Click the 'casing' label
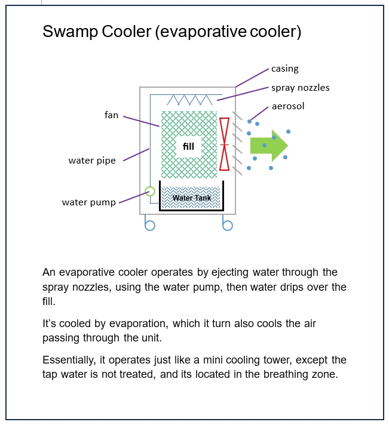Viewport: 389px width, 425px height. tap(284, 69)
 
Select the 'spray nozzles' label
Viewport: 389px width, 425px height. tap(300, 88)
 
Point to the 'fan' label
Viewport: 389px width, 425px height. tap(111, 115)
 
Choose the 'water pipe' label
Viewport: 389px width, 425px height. tap(92, 160)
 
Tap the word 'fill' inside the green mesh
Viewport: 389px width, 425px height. tap(188, 146)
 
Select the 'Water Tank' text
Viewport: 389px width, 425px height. tap(192, 198)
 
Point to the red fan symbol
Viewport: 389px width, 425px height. tap(225, 144)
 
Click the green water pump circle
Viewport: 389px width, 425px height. tap(149, 192)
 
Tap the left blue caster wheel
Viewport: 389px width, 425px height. tap(150, 226)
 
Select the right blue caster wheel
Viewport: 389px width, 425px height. tap(227, 226)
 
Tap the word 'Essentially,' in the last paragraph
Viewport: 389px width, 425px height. tap(70, 361)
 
